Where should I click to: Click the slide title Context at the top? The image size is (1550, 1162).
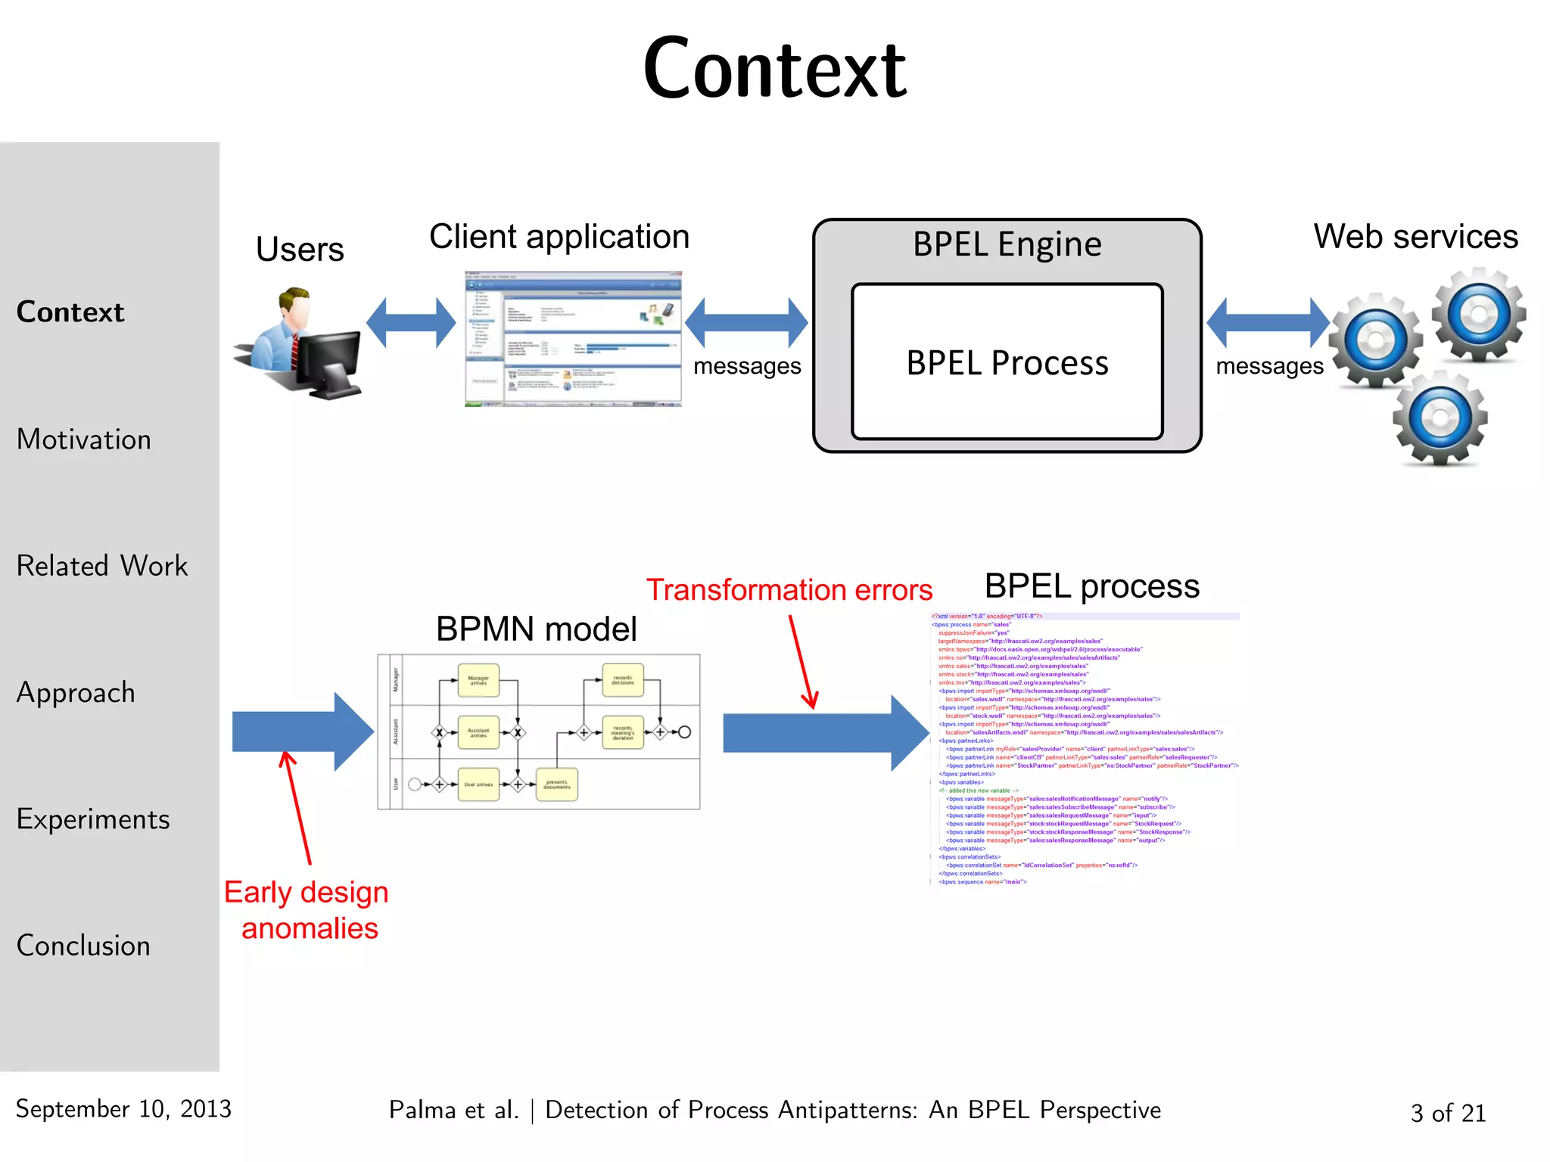pos(774,70)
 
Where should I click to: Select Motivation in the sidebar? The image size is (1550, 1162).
pos(84,440)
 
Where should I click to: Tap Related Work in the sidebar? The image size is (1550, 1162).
pos(102,566)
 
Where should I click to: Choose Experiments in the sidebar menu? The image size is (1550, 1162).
pos(93,819)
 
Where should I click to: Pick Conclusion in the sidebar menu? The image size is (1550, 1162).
pos(83,946)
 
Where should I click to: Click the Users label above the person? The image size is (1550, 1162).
pos(300,250)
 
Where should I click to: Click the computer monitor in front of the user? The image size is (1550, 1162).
pos(328,363)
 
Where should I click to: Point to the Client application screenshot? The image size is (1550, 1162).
pos(573,339)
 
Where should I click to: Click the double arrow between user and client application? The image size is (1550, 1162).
pos(411,323)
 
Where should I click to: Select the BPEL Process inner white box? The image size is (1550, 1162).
pos(1007,362)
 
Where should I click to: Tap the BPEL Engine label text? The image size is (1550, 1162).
pos(1007,245)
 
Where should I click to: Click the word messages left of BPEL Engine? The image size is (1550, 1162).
pos(747,366)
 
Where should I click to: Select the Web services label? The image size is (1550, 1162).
pos(1415,237)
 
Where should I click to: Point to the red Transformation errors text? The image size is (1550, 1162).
pos(789,590)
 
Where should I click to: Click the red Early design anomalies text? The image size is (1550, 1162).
pos(307,910)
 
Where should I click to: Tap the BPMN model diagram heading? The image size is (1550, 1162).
pos(536,629)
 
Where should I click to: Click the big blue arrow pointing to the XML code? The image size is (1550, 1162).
pos(825,733)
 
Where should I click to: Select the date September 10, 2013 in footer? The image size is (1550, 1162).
pos(123,1109)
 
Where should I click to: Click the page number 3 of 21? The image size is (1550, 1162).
pos(1448,1113)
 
